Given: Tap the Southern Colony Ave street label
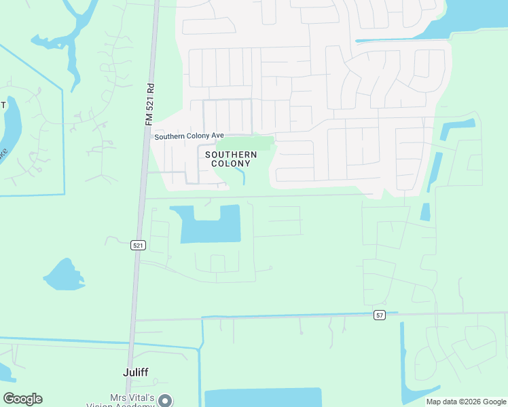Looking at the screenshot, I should pyautogui.click(x=189, y=136).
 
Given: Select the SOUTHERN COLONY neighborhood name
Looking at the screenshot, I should pyautogui.click(x=231, y=159).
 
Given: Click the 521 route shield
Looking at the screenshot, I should pyautogui.click(x=139, y=245).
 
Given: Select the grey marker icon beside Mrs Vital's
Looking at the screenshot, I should pyautogui.click(x=165, y=401).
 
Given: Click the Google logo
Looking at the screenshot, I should pyautogui.click(x=22, y=399).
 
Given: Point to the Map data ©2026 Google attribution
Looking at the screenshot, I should pyautogui.click(x=466, y=402).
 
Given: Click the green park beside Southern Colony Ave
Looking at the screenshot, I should pyautogui.click(x=244, y=143).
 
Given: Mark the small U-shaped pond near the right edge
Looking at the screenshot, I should pyautogui.click(x=456, y=128).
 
